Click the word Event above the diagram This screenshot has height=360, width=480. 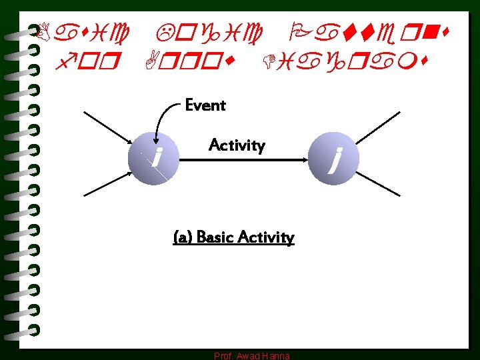coord(205,105)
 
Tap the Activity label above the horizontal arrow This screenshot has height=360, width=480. coord(237,145)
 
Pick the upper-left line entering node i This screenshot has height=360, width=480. coord(110,128)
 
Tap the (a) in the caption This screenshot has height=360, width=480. coord(182,238)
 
